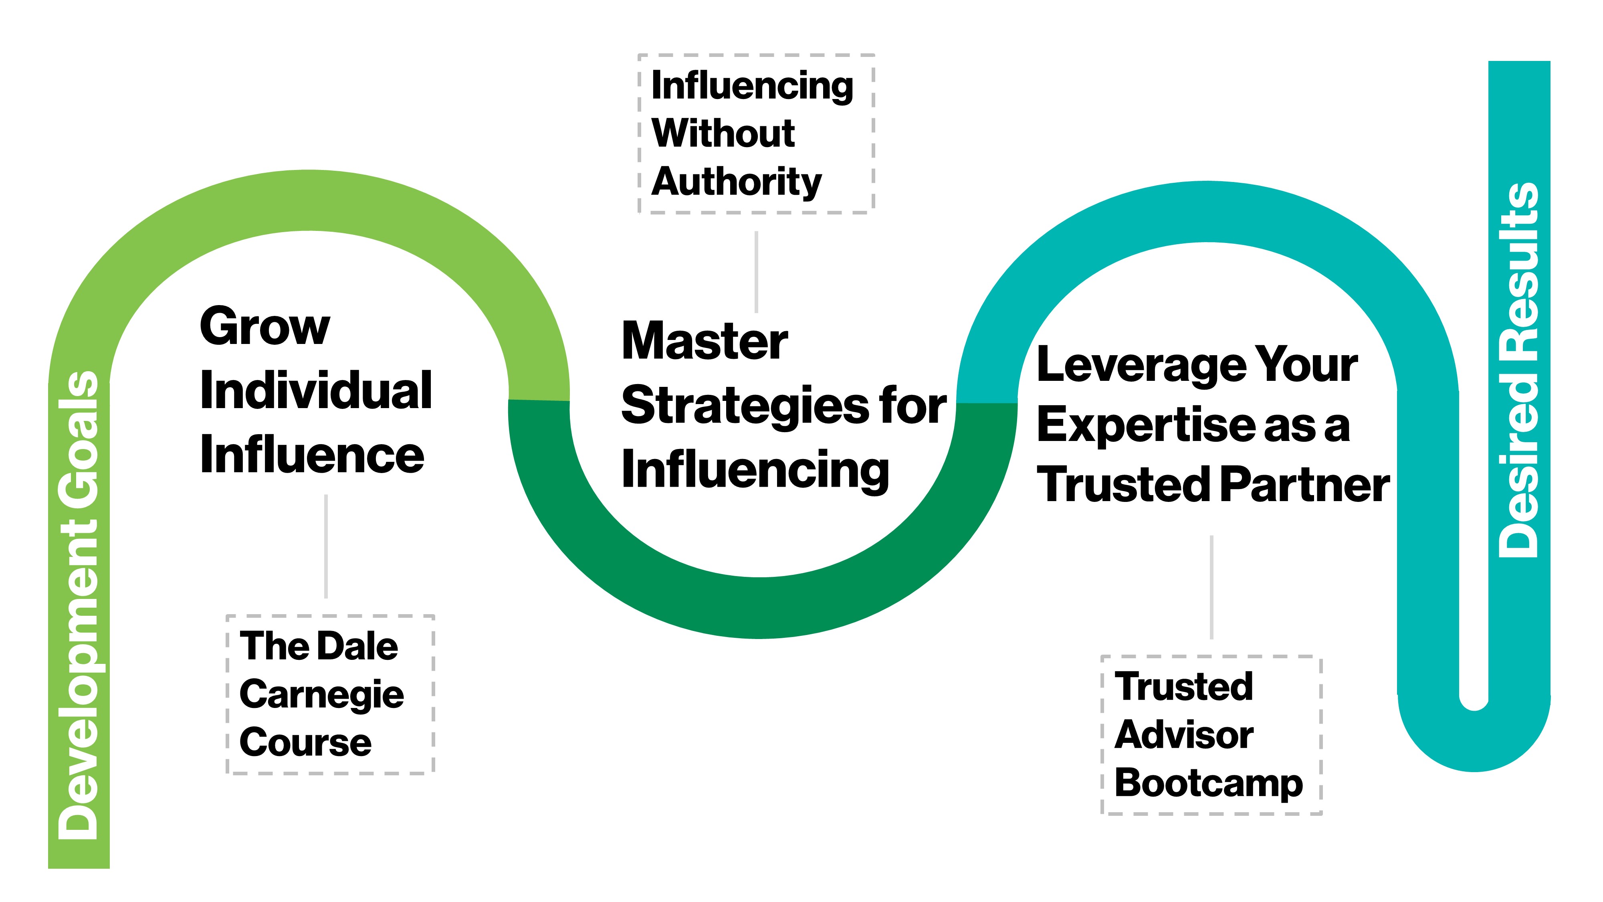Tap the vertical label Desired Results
(1518, 370)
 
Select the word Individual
(315, 391)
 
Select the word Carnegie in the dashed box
(322, 695)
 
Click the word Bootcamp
(1209, 783)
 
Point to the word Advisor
(1183, 735)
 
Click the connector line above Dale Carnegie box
(326, 546)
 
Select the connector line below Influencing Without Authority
(756, 272)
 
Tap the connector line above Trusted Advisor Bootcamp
(1211, 587)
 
